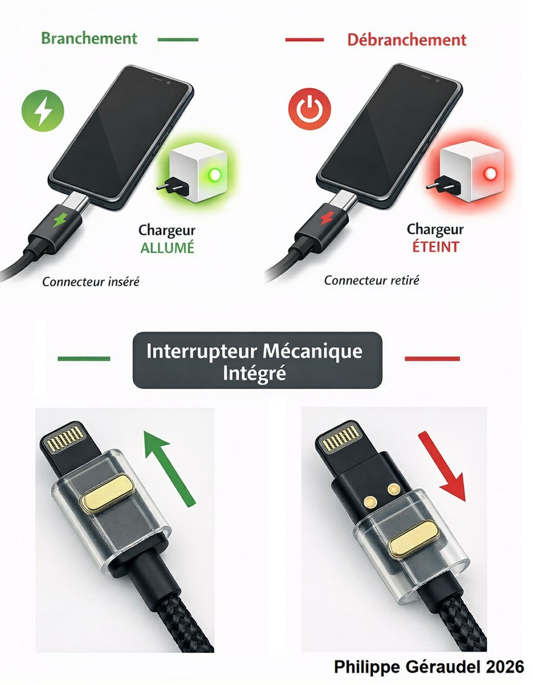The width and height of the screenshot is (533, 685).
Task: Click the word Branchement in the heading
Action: coord(89,38)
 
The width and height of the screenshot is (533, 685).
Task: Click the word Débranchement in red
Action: coord(406,40)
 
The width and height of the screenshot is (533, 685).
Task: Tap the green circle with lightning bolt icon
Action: coord(43,111)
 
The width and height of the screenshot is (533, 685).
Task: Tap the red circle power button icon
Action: coord(310,109)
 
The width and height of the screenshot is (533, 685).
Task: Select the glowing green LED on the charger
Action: coord(214,175)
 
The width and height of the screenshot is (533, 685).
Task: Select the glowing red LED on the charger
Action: coord(490,174)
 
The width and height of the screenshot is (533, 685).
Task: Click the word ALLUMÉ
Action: coord(167,247)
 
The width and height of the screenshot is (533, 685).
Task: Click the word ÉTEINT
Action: coord(435,246)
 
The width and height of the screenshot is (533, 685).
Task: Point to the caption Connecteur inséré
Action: coord(91,282)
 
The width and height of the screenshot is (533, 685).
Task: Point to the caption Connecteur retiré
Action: coord(372,280)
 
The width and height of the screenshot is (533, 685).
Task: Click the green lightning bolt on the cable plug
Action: coord(60,220)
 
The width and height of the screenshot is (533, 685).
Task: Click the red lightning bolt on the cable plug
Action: coord(326,218)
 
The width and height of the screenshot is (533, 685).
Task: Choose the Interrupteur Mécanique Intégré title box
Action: coord(257,361)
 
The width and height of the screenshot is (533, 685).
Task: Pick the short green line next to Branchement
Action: coord(178,39)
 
